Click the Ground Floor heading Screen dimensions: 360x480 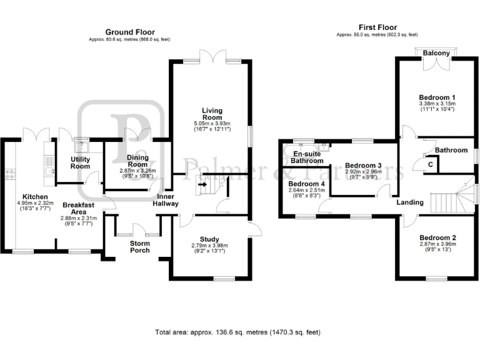click(x=130, y=32)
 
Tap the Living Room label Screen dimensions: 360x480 click(x=212, y=114)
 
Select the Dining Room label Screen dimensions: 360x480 click(x=137, y=161)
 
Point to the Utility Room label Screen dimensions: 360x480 click(x=80, y=162)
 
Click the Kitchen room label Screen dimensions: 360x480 click(x=31, y=195)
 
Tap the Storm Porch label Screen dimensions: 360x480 click(x=140, y=246)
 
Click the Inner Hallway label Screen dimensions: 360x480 click(x=165, y=199)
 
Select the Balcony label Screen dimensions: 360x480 click(x=436, y=54)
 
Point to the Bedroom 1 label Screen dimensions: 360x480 click(x=436, y=97)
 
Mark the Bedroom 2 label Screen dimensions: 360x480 click(x=437, y=237)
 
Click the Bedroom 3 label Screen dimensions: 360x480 click(x=363, y=166)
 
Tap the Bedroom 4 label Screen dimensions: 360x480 click(x=307, y=184)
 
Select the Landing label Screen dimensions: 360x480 click(x=410, y=202)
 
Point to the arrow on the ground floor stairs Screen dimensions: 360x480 click(x=202, y=184)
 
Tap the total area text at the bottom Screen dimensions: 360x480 click(x=239, y=332)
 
